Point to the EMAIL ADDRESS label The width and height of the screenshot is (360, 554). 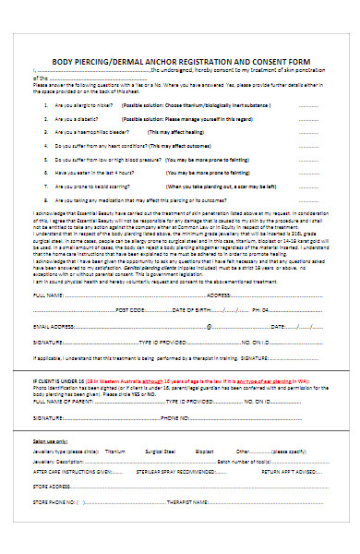[55, 326]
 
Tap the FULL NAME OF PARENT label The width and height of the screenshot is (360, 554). [69, 402]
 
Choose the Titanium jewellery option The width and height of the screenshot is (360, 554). [114, 453]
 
